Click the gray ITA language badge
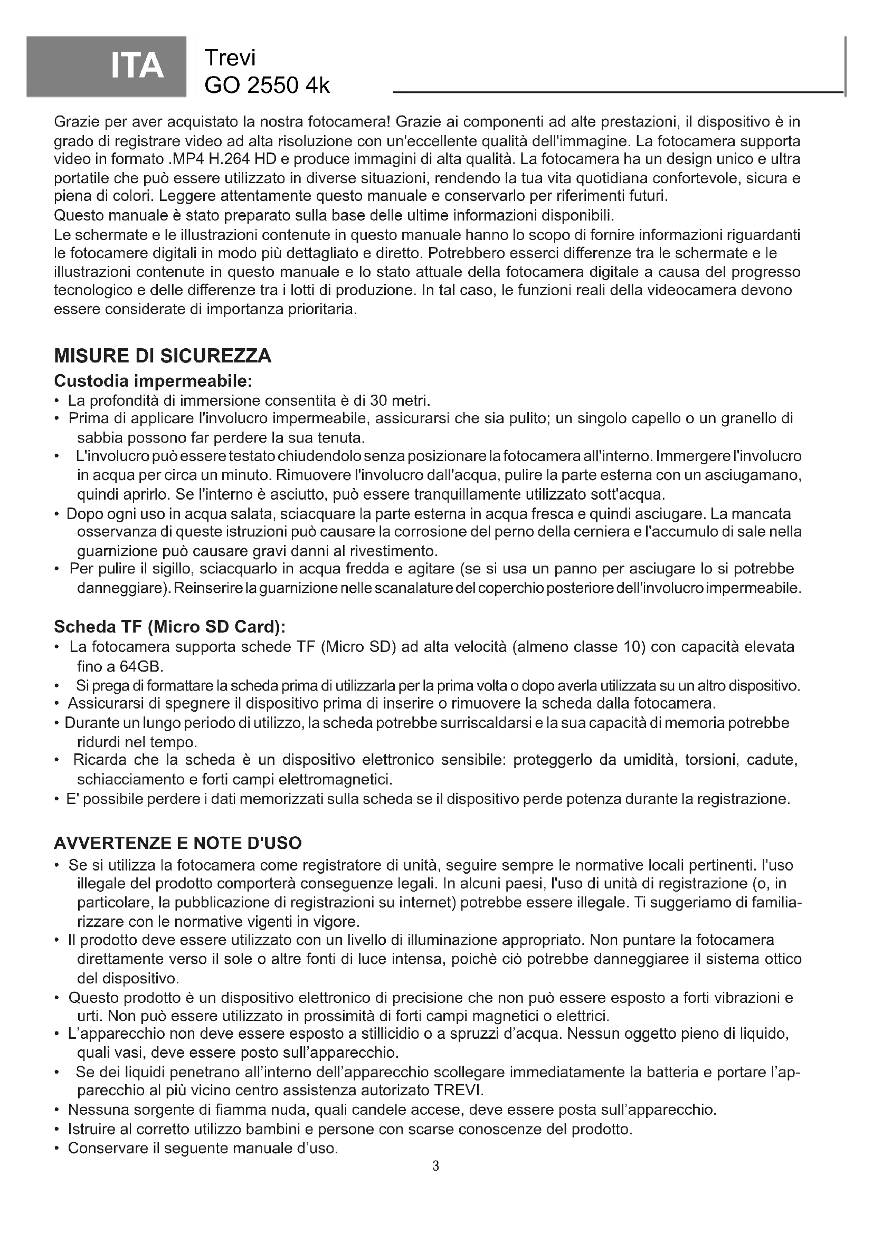(x=107, y=65)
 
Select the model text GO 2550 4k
(x=267, y=85)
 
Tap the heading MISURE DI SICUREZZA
(x=163, y=356)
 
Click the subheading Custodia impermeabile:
(x=153, y=381)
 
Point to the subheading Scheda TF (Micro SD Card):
(x=170, y=627)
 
